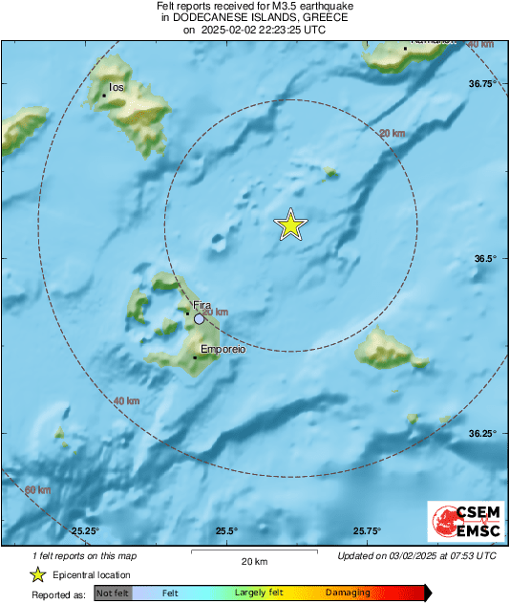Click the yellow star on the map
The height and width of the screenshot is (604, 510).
(291, 225)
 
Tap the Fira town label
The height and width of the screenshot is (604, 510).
(201, 305)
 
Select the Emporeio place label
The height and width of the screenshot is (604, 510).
(223, 351)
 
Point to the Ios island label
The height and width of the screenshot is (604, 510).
(117, 87)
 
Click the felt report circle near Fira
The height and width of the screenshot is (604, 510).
(199, 318)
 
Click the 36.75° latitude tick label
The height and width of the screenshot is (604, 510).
(482, 84)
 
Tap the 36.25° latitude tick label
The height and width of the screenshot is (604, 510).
(482, 433)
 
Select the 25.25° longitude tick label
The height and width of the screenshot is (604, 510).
(86, 531)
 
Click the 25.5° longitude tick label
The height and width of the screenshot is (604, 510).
(226, 531)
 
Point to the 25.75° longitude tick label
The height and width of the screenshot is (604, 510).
(367, 531)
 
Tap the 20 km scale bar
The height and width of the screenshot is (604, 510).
(253, 553)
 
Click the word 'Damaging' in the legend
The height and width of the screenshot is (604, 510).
(348, 593)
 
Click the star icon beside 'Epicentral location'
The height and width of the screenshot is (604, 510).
(37, 574)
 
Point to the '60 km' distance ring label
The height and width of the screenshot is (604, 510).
(37, 490)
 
